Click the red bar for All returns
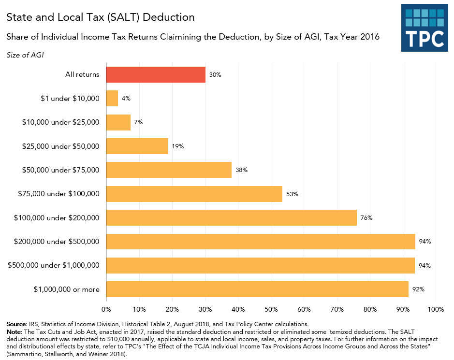pos(156,74)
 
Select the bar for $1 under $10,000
pos(112,99)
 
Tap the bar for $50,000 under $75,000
pos(169,170)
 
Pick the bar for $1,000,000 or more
pos(257,289)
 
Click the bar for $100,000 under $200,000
pos(231,217)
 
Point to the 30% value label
pos(215,75)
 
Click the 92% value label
pos(418,289)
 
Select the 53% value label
pos(292,194)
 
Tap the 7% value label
pos(138,122)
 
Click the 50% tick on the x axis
pos(271,309)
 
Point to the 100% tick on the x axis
pos(436,309)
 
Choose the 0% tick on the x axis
pos(106,309)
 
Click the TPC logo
pos(425,28)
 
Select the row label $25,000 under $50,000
pos(60,146)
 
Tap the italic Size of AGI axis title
pos(25,55)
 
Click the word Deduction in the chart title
pos(170,17)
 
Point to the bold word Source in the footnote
pos(17,324)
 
